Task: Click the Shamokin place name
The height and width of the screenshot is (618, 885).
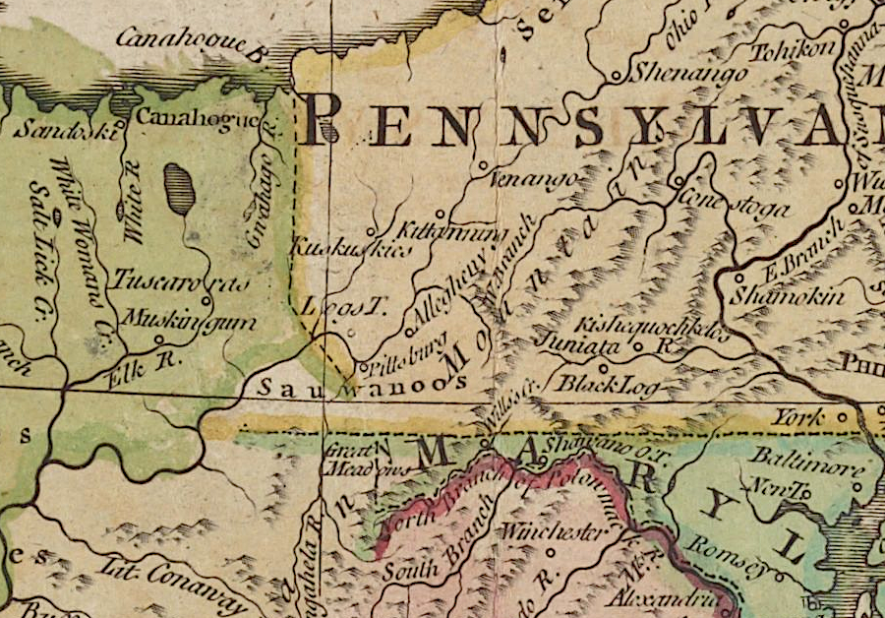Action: (x=788, y=294)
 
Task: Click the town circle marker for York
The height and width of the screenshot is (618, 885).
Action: (x=842, y=417)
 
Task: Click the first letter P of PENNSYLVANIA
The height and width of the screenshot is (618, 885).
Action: (x=324, y=120)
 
